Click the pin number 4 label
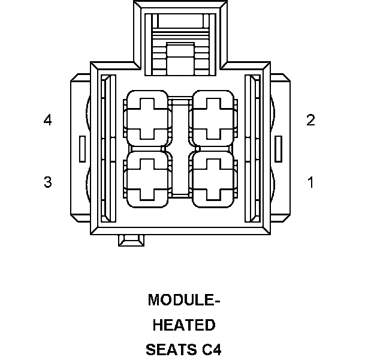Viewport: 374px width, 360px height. click(47, 120)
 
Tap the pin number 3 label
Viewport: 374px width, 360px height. click(47, 182)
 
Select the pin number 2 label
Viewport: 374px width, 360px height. click(310, 120)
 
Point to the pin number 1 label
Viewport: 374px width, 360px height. click(310, 182)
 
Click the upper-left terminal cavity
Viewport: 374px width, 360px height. click(146, 118)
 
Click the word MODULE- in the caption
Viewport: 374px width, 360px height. click(184, 299)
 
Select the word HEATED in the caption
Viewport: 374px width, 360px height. click(184, 325)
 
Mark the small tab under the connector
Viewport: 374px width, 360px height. click(131, 240)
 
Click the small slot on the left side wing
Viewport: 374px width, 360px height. click(82, 148)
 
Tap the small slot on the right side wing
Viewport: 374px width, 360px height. click(278, 148)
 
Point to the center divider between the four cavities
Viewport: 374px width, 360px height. click(179, 148)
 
